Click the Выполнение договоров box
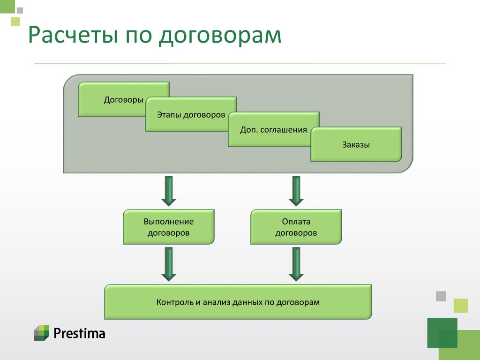tap(169, 227)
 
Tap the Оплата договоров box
tap(296, 227)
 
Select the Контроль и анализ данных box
tap(238, 302)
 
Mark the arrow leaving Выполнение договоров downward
tap(169, 264)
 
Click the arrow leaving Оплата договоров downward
tap(296, 264)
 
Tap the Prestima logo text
tap(79, 333)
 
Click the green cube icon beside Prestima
tap(41, 333)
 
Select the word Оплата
tap(296, 222)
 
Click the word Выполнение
tap(169, 222)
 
